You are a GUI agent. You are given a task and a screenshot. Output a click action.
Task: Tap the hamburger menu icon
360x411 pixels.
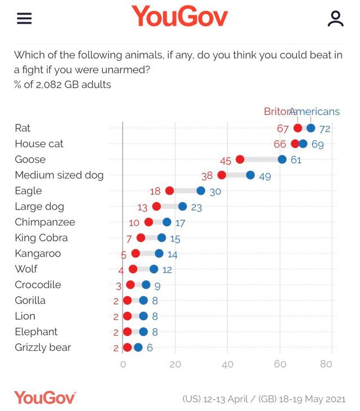click(x=24, y=19)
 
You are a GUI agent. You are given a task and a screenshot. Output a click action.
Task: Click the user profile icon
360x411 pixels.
click(x=335, y=19)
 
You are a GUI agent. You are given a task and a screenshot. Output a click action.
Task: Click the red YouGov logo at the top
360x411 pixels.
click(x=179, y=17)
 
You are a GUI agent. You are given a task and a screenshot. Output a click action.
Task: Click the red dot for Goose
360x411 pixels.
click(x=240, y=159)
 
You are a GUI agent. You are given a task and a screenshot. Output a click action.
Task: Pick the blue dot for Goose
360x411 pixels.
click(x=282, y=159)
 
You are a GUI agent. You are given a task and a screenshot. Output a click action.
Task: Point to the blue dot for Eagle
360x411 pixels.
click(x=201, y=191)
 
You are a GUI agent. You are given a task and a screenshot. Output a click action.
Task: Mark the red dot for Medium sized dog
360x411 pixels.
click(x=222, y=175)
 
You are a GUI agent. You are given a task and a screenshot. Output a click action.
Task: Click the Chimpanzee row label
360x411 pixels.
click(x=45, y=222)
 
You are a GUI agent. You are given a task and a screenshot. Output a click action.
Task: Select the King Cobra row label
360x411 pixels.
click(x=41, y=238)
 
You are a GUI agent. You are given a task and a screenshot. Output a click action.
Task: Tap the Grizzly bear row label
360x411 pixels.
click(x=43, y=347)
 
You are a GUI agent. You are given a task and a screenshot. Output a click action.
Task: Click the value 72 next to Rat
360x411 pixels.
click(x=325, y=129)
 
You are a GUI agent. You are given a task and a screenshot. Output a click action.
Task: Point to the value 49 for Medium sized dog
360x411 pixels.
click(x=265, y=176)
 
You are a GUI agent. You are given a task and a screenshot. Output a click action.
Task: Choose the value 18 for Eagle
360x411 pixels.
click(x=155, y=191)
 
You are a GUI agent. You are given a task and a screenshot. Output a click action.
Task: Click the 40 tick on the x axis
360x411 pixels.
click(x=227, y=364)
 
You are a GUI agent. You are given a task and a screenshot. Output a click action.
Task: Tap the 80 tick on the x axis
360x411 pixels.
click(x=326, y=364)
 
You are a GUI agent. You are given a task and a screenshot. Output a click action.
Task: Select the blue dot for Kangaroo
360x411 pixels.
click(x=159, y=253)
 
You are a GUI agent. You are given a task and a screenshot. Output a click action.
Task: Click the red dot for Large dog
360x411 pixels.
click(x=156, y=207)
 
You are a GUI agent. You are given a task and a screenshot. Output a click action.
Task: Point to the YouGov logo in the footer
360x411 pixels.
click(x=45, y=397)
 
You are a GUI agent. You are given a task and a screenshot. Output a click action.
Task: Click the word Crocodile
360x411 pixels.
click(x=38, y=284)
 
